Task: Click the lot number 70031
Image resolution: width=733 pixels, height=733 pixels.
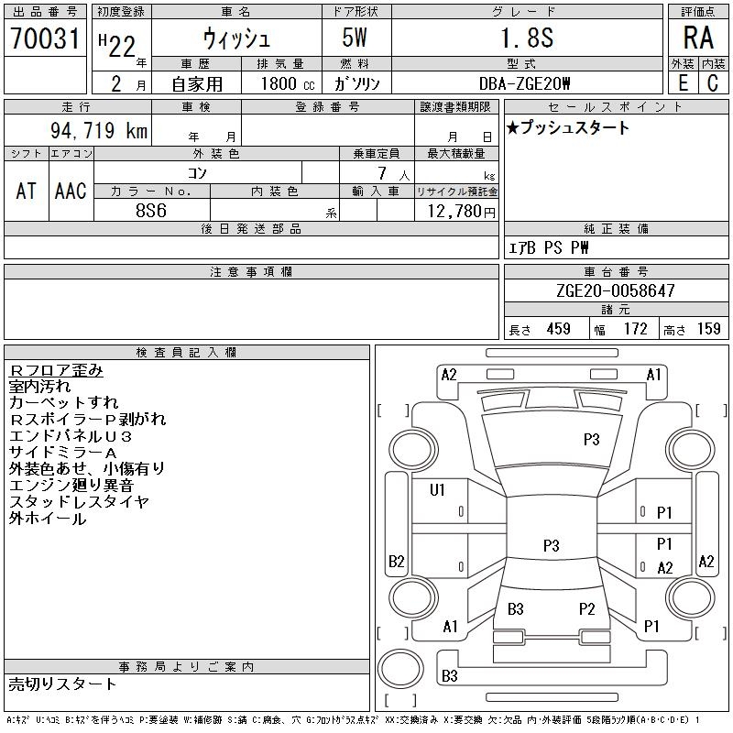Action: point(45,38)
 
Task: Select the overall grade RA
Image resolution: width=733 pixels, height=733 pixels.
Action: point(698,38)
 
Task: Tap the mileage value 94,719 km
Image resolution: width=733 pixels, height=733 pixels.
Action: point(99,130)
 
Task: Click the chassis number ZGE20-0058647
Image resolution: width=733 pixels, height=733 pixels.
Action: point(616,290)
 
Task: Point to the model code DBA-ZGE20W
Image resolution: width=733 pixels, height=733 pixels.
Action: point(524,83)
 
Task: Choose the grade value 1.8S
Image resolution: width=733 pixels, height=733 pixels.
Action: point(528,38)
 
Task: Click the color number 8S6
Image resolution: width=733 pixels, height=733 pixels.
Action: point(151,211)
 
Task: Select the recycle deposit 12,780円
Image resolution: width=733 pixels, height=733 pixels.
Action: point(462,212)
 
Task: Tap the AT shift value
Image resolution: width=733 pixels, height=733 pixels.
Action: point(27,191)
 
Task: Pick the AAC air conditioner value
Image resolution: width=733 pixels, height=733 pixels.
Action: point(71,191)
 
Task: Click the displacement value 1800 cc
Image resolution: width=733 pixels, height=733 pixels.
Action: point(288,83)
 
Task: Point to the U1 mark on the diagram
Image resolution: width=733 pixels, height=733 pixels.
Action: point(437,490)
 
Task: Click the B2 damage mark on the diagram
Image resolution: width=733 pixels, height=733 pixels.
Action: point(397,561)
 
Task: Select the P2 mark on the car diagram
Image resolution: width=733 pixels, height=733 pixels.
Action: point(586,608)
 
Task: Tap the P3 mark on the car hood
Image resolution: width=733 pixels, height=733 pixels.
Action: point(591,439)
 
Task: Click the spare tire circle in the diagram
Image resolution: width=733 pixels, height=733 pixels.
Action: point(400,669)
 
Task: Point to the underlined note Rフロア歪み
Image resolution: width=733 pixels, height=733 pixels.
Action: point(56,370)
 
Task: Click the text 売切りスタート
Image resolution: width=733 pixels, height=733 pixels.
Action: point(62,684)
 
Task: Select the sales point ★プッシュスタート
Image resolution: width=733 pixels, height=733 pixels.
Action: point(568,127)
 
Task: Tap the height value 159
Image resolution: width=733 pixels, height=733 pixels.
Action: point(708,329)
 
